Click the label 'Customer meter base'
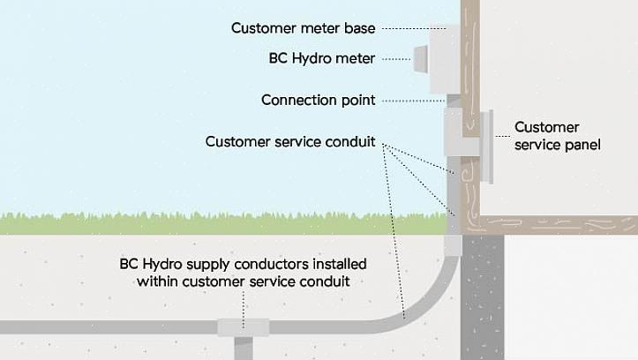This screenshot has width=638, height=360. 303,28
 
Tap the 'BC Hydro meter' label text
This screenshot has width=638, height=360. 322,59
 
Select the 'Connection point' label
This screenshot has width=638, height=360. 318,101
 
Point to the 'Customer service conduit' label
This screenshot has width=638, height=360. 290,141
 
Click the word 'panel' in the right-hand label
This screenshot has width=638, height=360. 582,144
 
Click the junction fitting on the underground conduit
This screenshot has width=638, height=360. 243,327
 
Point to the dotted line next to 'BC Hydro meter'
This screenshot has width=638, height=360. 397,60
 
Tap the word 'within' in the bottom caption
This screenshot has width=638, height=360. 159,282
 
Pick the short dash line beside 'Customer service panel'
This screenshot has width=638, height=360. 502,135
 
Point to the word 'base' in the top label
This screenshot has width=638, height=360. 359,28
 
